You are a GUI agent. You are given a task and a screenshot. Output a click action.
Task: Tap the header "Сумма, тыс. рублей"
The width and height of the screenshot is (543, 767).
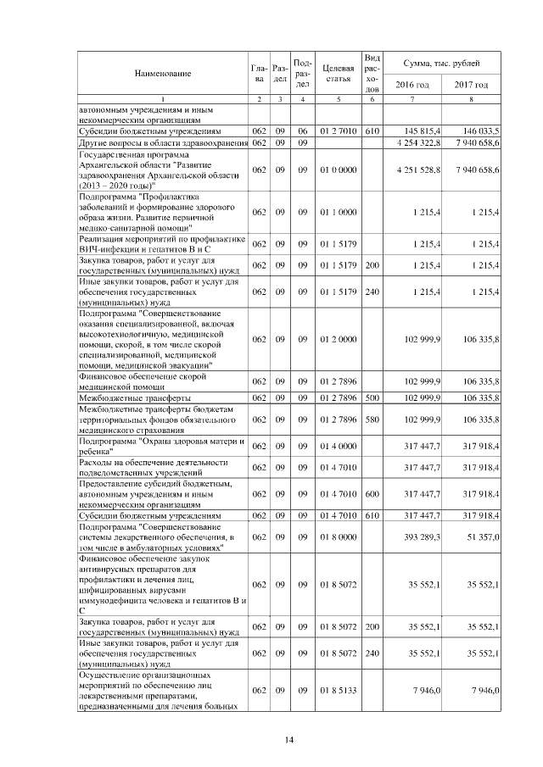[441, 64]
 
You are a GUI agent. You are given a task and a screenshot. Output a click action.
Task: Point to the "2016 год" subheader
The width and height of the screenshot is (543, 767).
[412, 85]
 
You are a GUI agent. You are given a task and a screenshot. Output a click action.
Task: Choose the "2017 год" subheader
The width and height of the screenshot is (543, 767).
[471, 85]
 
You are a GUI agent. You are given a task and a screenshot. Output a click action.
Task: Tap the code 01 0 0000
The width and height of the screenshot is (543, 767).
[338, 171]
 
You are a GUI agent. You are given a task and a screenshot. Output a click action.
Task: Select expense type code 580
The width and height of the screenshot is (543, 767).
[371, 420]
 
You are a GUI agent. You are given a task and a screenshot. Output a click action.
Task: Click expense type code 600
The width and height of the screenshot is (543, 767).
[371, 494]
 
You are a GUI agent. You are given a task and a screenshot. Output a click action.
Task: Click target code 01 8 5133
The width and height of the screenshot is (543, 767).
[338, 692]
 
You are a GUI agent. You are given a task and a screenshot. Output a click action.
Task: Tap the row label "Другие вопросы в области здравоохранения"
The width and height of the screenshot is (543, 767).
[162, 142]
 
